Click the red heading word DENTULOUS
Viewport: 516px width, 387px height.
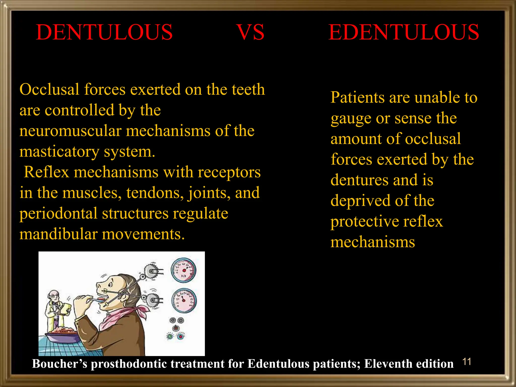[104, 32]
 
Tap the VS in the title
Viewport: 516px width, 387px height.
[250, 32]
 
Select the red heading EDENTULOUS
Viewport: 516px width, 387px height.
[404, 32]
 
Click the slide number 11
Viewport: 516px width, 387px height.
[467, 362]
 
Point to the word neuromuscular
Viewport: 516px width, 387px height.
[70, 131]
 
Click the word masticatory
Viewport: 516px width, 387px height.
[59, 152]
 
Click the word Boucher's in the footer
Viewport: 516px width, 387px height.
[59, 364]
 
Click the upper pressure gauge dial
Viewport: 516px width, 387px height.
[184, 270]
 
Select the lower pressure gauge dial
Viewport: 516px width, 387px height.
[184, 300]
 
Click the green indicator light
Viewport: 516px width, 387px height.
[170, 336]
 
